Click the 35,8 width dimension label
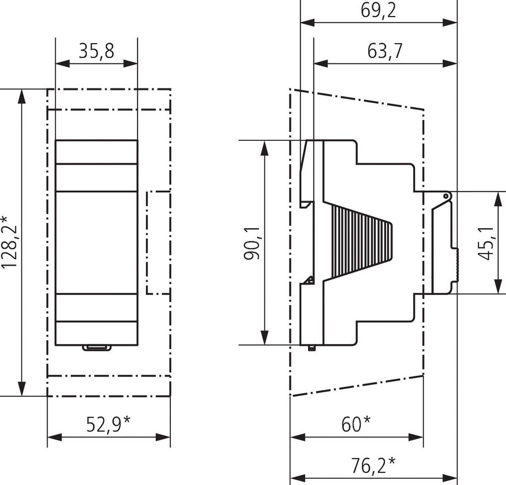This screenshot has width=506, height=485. (96, 51)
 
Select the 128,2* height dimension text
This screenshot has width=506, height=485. (9, 242)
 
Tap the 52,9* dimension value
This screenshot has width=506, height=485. (108, 424)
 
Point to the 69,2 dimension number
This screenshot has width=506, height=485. (378, 10)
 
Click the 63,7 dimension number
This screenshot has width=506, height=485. (385, 51)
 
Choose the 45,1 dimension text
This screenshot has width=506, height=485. (486, 242)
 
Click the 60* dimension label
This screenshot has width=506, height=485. (356, 424)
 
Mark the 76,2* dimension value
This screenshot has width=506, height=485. (373, 465)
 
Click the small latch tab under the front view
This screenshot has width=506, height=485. (97, 347)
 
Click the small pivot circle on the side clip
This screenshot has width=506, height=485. (446, 196)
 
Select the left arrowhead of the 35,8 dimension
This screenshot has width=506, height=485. (62, 64)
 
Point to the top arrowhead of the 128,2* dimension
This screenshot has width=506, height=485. (22, 96)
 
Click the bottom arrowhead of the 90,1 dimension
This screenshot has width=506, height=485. (265, 338)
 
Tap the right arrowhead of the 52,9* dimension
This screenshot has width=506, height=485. (163, 437)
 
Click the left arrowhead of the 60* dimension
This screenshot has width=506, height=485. (298, 437)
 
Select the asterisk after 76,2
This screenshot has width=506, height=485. (392, 461)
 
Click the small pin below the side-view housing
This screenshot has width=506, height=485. (311, 348)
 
